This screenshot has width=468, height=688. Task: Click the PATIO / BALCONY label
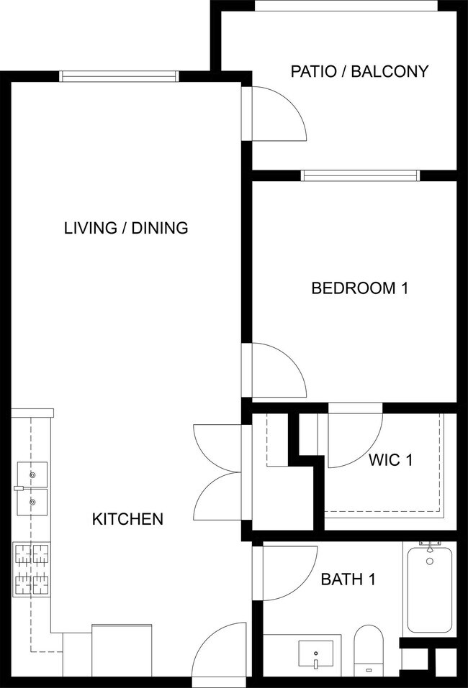point(359,71)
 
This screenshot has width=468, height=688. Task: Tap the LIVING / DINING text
point(126,228)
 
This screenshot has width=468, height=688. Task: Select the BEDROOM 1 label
point(359,288)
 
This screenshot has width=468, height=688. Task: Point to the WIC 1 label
point(390,459)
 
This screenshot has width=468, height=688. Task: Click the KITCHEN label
point(127,518)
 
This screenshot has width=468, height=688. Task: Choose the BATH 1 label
point(348,579)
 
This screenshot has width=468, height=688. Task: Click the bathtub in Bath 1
point(429,590)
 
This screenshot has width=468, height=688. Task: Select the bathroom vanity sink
point(315,655)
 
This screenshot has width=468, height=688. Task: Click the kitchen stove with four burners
point(32,569)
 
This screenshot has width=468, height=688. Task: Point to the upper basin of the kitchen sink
point(32,474)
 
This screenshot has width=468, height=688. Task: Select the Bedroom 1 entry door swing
point(276,370)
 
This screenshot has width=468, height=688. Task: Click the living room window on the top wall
point(118,76)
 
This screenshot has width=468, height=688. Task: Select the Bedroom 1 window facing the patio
point(360,175)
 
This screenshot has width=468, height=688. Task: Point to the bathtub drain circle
point(430,561)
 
